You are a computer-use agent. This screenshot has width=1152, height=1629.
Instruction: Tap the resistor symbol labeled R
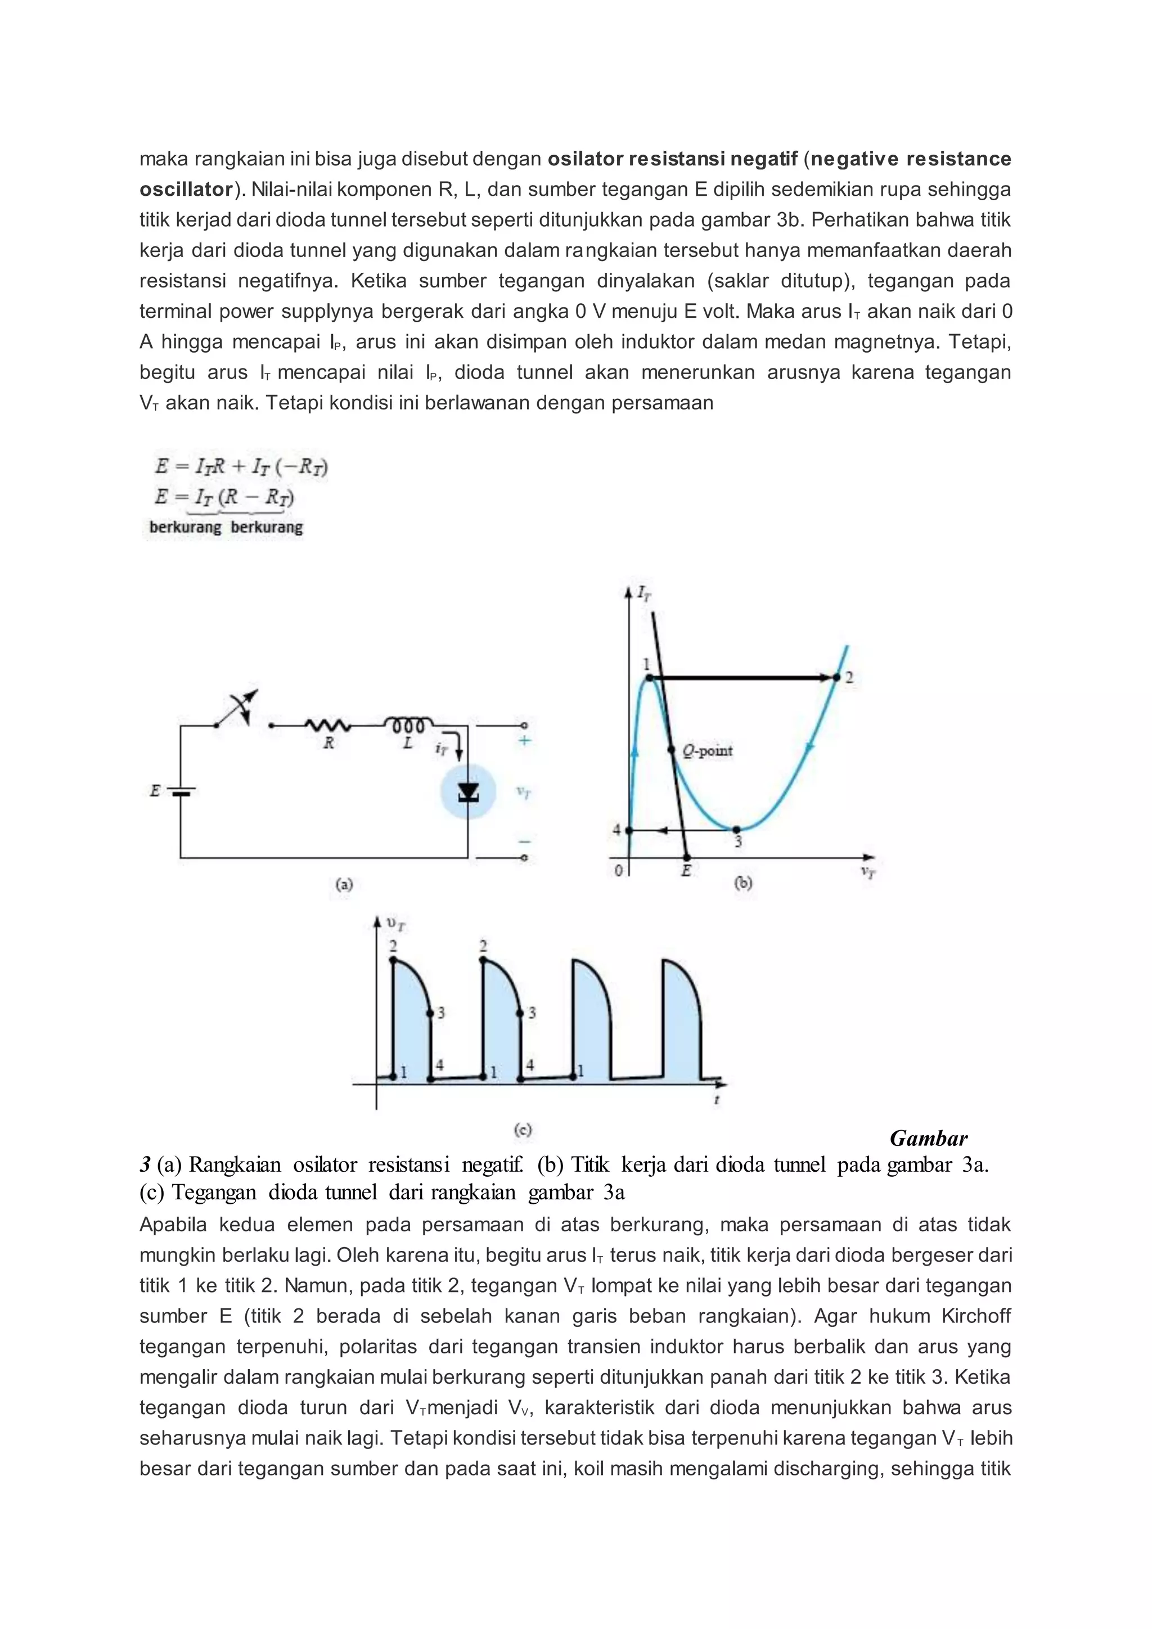point(328,726)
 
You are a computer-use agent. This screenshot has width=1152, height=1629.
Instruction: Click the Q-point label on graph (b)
point(707,750)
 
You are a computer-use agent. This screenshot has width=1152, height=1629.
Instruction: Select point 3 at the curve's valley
point(736,829)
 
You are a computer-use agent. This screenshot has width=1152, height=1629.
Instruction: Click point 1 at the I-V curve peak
point(649,678)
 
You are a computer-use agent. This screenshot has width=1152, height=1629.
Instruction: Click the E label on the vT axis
point(686,871)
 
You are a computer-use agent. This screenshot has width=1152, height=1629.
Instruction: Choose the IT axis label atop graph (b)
point(643,593)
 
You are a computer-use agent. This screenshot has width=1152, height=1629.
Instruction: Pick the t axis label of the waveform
point(717,1100)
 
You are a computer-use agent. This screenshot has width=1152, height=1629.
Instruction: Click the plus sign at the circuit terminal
point(524,741)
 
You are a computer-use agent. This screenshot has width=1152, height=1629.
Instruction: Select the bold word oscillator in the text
point(186,190)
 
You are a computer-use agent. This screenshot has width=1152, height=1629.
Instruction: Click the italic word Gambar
point(928,1138)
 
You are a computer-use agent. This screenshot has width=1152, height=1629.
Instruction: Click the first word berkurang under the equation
point(185,527)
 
